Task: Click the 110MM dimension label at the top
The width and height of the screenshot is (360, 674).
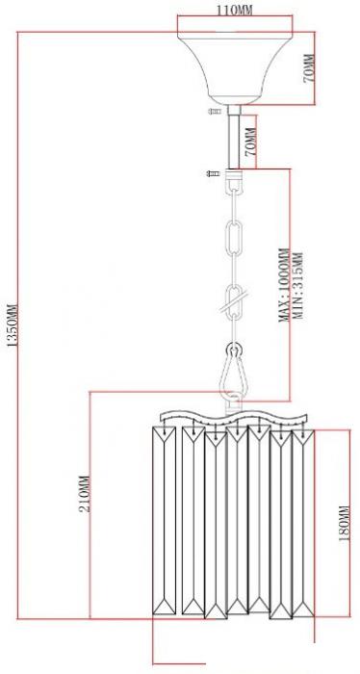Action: pos(234,10)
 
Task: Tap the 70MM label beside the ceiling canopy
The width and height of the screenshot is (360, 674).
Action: pos(308,68)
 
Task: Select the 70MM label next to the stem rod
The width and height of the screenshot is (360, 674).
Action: pos(250,142)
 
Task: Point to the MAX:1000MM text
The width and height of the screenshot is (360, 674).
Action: pos(284,285)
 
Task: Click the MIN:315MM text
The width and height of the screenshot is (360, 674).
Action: pos(296,285)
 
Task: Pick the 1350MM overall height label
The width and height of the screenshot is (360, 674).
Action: pos(12,325)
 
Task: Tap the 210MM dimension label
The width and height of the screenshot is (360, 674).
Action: pos(85,493)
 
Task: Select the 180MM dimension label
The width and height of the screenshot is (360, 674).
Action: pos(345,523)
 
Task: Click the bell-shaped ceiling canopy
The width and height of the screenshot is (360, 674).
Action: pos(235,68)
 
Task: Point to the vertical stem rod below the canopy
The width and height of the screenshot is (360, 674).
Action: pos(234,137)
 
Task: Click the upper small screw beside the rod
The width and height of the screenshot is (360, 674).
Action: pos(216,112)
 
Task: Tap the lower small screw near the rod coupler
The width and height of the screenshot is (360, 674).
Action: pos(213,173)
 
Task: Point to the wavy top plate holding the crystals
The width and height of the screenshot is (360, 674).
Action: pos(234,417)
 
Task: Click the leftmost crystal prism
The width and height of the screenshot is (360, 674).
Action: pos(165,520)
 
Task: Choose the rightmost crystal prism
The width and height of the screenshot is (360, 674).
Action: pos(303,523)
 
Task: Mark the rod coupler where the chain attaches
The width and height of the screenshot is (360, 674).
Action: pos(234,173)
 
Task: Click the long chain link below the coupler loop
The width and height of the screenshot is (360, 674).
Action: pos(234,237)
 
